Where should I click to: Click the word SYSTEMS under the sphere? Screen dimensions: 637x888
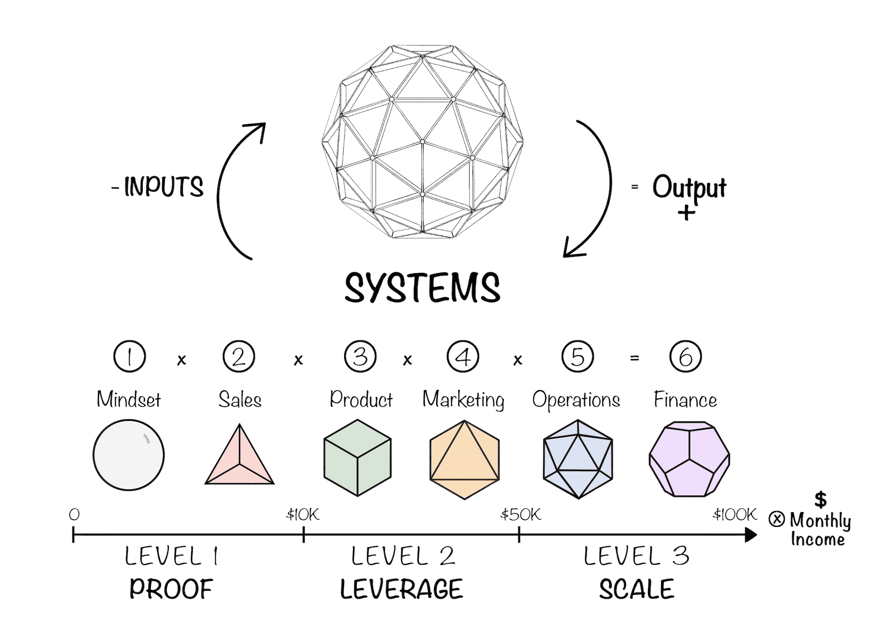(x=422, y=288)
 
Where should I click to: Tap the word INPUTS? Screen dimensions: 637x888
(x=163, y=187)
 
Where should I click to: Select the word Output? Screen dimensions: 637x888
(x=689, y=188)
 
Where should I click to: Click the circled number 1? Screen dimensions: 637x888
(x=129, y=356)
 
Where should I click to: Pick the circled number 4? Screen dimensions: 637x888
(x=463, y=356)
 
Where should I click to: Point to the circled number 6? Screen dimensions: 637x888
(x=685, y=356)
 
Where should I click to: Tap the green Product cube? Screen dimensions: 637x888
(x=357, y=457)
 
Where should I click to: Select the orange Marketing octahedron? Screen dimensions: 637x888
(x=464, y=459)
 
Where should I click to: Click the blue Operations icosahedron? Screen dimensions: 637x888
(x=578, y=459)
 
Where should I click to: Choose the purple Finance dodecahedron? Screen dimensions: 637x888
(x=689, y=459)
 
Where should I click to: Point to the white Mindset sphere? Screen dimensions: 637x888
(x=128, y=455)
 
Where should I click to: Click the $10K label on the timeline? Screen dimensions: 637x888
(x=303, y=515)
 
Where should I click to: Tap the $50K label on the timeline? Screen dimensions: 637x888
(x=520, y=515)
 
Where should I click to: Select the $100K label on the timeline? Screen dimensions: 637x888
(x=735, y=515)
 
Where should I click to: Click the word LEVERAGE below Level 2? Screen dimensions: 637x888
(x=401, y=589)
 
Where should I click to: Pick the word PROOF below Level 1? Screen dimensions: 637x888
(x=171, y=589)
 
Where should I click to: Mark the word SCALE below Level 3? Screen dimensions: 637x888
(x=636, y=589)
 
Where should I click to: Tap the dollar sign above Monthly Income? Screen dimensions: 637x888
(x=820, y=499)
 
